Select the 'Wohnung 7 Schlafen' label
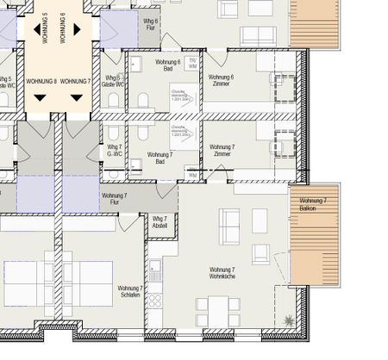coord(129,293)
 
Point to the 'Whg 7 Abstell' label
coord(160,221)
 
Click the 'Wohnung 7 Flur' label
coord(114,200)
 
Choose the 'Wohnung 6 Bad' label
coord(167,66)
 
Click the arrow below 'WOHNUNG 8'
coord(41,97)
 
